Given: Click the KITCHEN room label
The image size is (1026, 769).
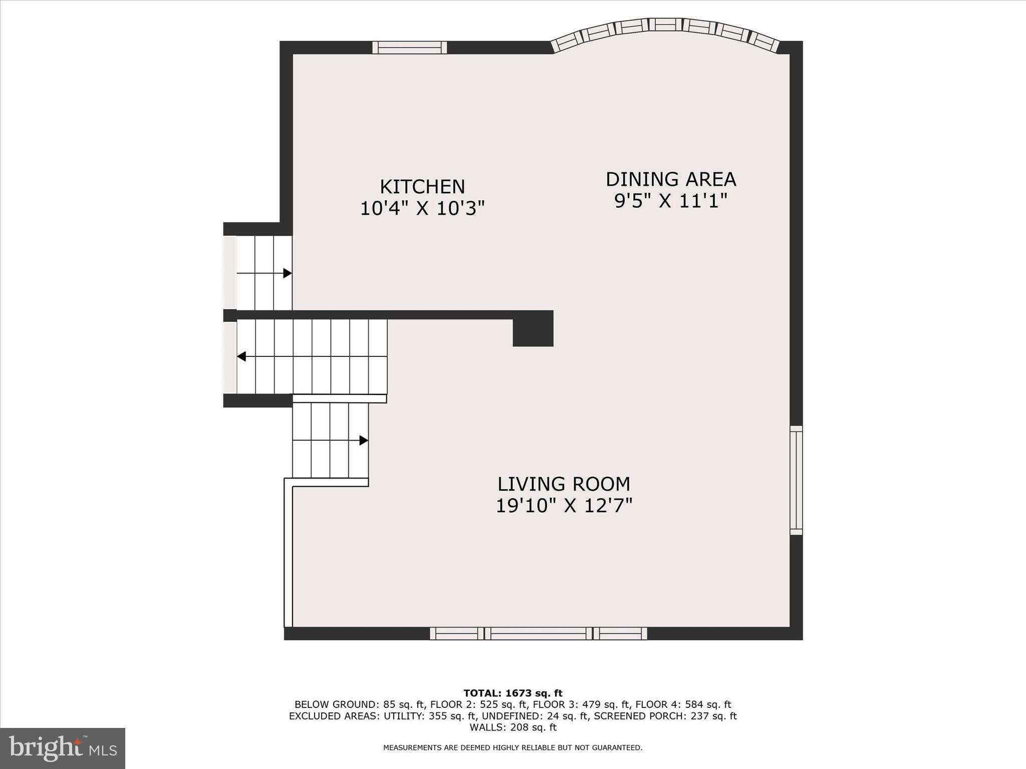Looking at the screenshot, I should (422, 187).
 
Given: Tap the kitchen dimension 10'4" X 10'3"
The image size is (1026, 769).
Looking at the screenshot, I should (422, 208).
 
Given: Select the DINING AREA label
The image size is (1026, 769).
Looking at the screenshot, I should (670, 179).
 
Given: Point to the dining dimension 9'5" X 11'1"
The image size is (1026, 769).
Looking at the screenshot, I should (670, 201).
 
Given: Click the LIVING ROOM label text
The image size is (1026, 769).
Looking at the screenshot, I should (564, 484).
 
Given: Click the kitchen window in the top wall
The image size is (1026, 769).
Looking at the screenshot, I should (409, 48).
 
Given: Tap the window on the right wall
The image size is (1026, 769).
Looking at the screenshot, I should (796, 480).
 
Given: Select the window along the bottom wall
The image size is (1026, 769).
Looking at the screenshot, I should (539, 633).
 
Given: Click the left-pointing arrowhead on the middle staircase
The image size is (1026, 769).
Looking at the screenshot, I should (241, 356).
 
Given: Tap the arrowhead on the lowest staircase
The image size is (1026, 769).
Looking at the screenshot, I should (364, 441).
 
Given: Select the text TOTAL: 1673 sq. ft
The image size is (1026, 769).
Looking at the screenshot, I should (512, 693).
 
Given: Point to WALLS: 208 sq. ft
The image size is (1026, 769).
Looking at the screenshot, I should (512, 727).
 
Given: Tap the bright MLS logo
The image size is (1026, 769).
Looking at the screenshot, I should (63, 748).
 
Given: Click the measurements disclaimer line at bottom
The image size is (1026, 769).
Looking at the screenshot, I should (512, 748).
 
